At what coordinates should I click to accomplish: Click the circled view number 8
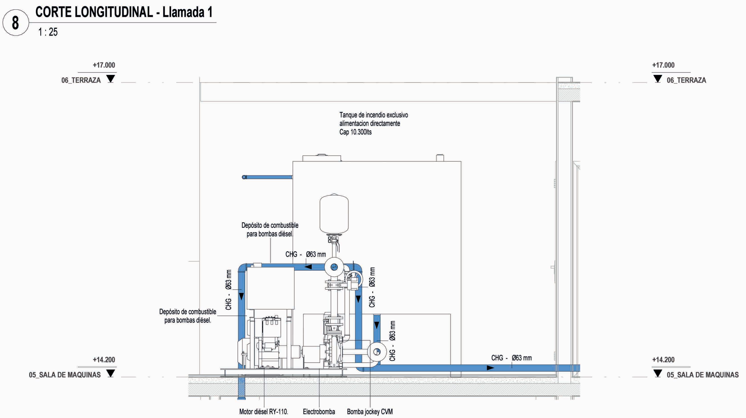[x=15, y=23]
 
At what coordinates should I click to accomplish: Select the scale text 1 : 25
[x=48, y=32]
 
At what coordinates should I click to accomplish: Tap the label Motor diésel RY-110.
[x=264, y=411]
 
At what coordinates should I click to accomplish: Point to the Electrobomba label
[x=319, y=411]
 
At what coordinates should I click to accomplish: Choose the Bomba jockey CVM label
[x=370, y=411]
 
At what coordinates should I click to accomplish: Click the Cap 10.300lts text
[x=355, y=132]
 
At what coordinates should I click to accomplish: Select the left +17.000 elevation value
[x=104, y=65]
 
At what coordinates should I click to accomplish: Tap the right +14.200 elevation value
[x=663, y=360]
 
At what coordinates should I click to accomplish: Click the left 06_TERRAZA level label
[x=81, y=80]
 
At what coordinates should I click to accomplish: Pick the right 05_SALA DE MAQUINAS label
[x=703, y=375]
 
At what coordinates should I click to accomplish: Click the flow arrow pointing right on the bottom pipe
[x=490, y=368]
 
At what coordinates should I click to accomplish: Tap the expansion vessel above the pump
[x=334, y=214]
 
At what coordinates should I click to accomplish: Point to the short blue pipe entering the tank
[x=268, y=177]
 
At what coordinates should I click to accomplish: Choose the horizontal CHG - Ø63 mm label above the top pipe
[x=306, y=254]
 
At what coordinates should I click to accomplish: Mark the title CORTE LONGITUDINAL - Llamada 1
[x=124, y=12]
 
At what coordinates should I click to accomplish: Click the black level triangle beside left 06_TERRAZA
[x=111, y=79]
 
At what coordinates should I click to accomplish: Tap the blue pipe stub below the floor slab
[x=241, y=388]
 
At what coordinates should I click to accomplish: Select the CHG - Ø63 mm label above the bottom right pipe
[x=511, y=358]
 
